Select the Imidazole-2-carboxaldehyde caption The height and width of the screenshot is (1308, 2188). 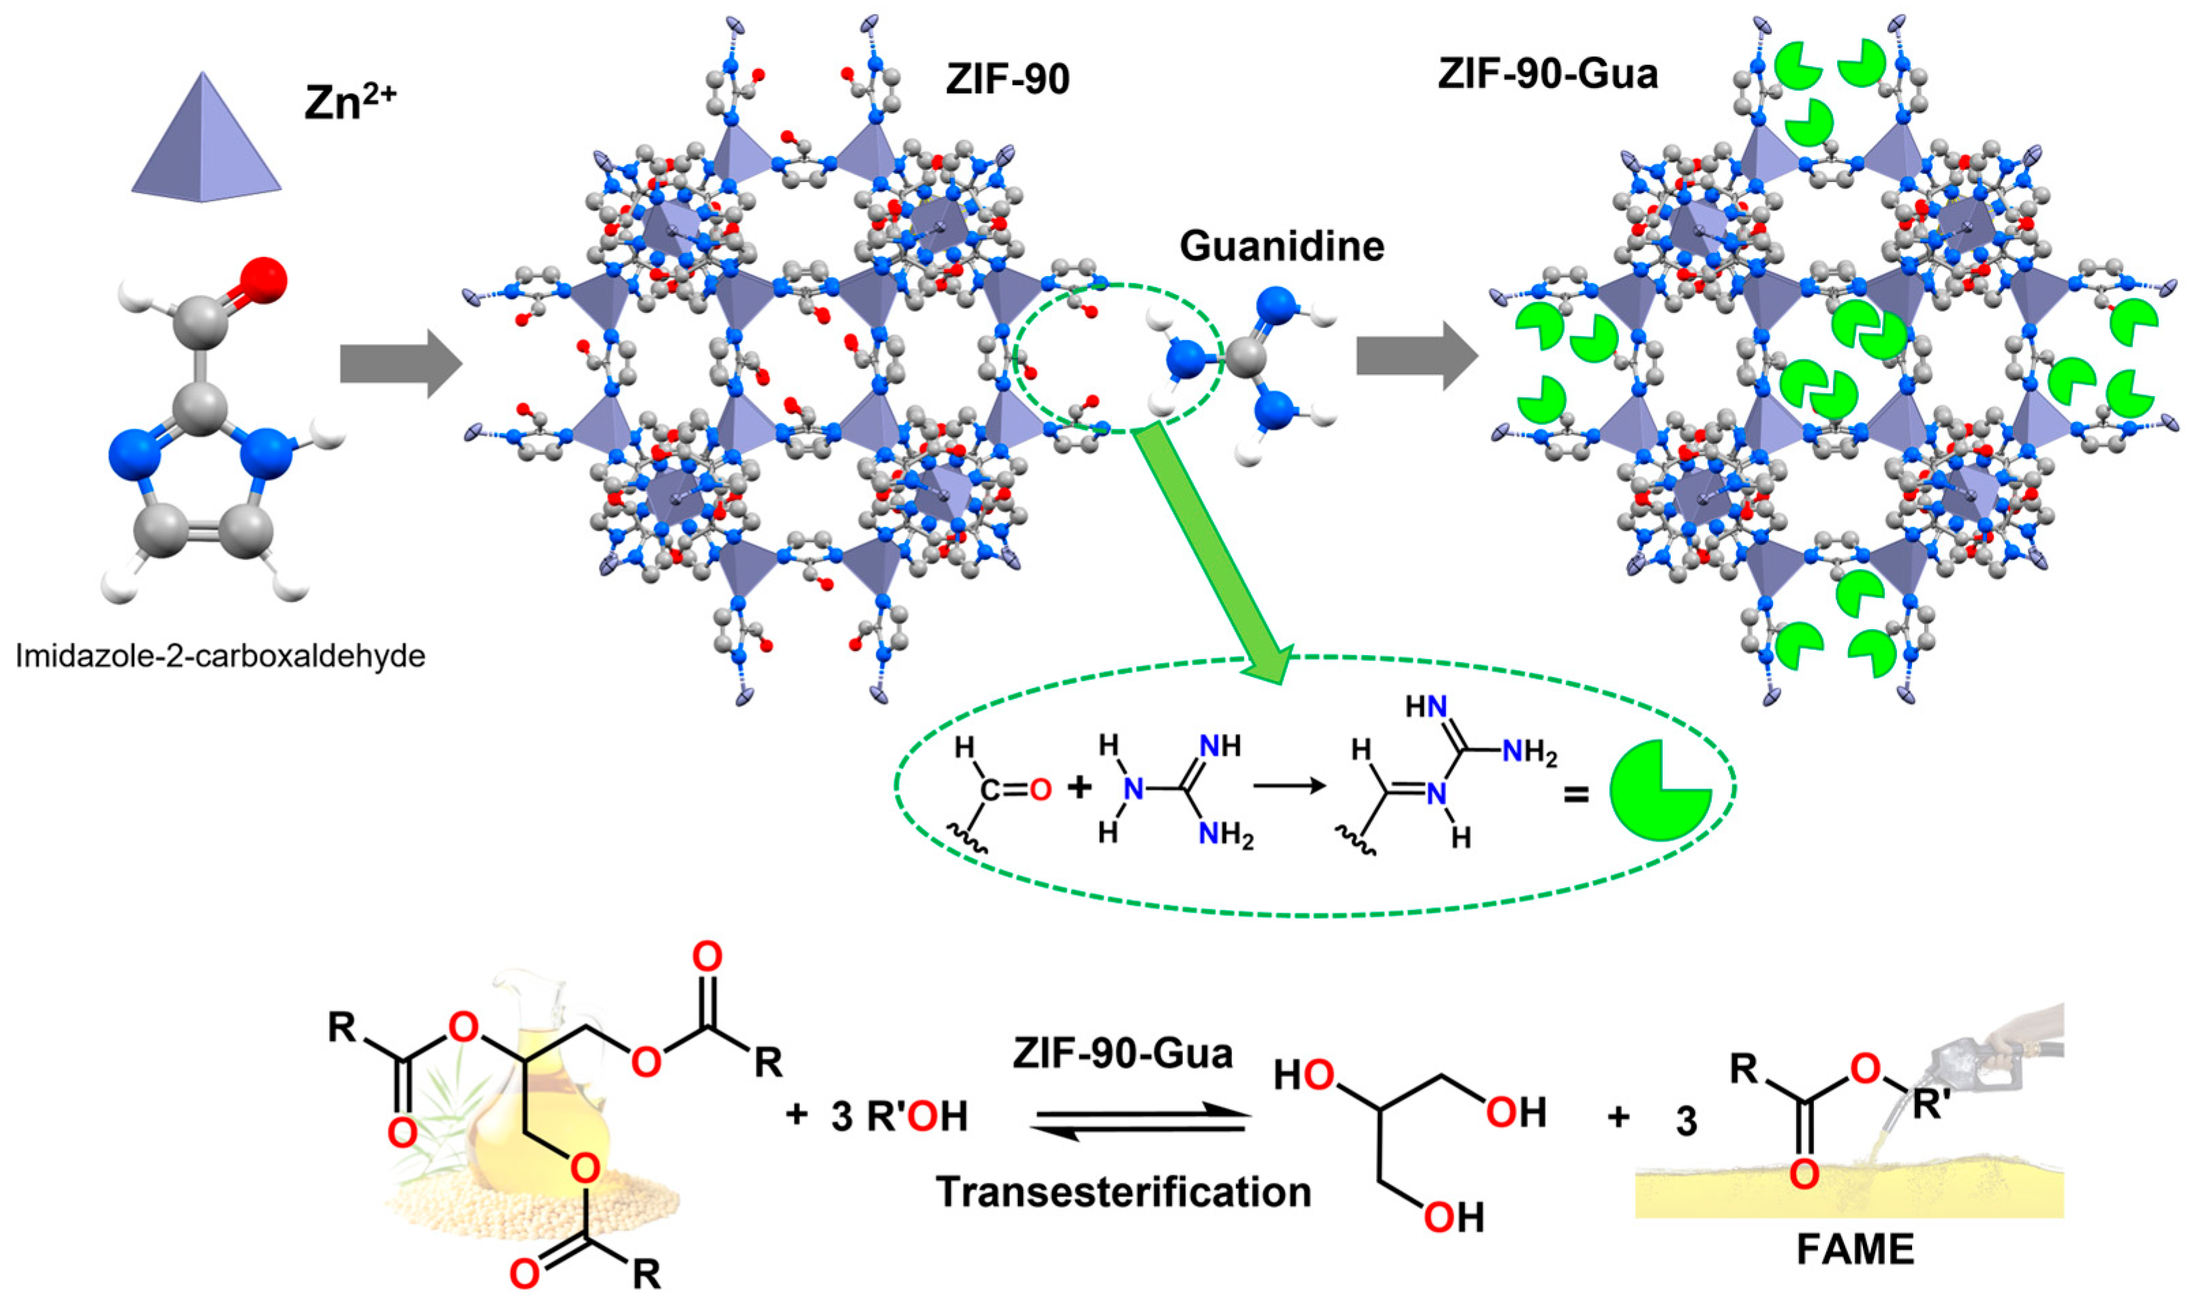pos(220,656)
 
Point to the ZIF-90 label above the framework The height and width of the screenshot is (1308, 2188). pos(1007,79)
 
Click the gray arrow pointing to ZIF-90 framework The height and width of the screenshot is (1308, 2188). pos(401,364)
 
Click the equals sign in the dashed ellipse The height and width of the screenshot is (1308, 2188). pos(1575,796)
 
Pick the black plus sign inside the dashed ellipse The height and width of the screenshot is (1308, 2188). pos(1079,787)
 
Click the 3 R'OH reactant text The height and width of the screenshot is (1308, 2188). pos(898,1116)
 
